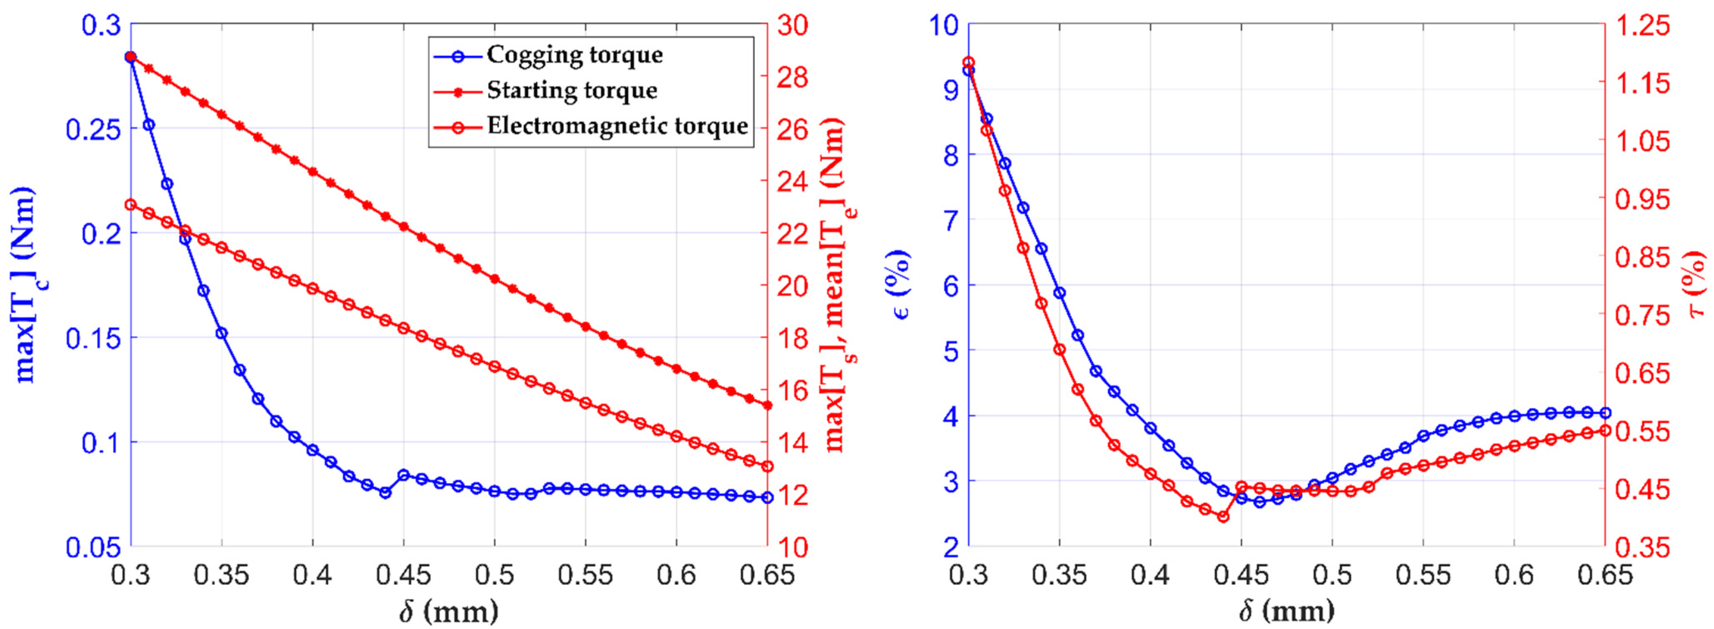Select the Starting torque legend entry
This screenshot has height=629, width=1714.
click(x=572, y=90)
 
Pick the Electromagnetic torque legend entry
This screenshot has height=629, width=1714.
click(x=617, y=126)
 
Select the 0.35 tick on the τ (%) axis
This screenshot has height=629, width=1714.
click(x=1642, y=548)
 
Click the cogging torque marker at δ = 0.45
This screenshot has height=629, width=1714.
click(x=403, y=475)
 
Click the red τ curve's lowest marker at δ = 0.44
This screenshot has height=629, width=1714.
click(x=1223, y=516)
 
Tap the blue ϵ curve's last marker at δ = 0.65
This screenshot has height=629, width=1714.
click(x=1605, y=413)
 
